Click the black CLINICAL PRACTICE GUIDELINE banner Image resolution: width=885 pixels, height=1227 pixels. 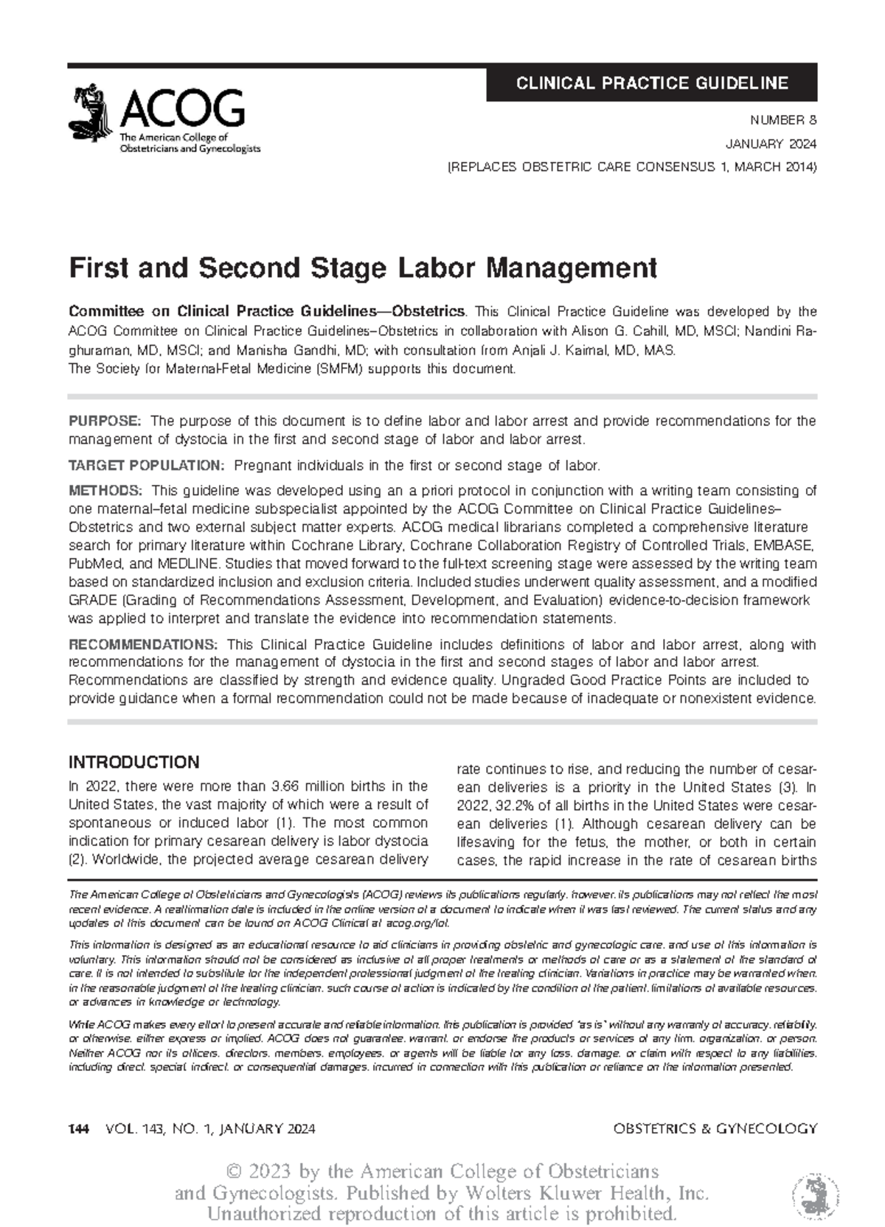click(x=651, y=83)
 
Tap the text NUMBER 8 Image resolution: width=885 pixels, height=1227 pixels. click(x=783, y=120)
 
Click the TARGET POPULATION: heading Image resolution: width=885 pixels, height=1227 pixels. click(x=145, y=466)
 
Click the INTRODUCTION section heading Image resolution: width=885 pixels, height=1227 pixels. click(x=133, y=762)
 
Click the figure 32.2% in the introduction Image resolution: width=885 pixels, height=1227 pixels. click(x=505, y=805)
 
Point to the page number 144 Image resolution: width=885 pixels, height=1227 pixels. click(x=77, y=1129)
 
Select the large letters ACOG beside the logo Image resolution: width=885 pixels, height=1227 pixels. click(x=181, y=108)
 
